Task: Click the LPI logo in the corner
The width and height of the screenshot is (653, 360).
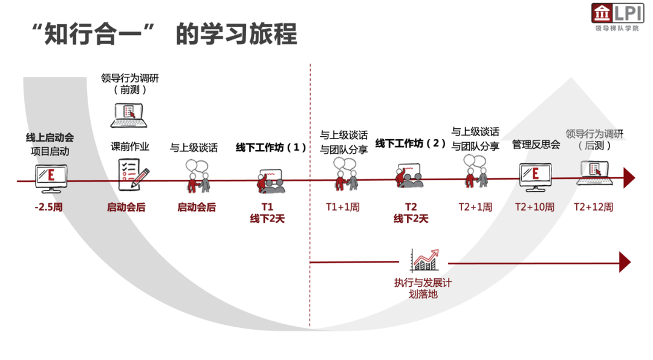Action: tap(617, 18)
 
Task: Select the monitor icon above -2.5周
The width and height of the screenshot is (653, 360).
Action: tap(51, 176)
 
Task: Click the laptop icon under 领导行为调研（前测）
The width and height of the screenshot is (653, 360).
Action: tap(129, 115)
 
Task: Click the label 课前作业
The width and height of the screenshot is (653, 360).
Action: tap(129, 147)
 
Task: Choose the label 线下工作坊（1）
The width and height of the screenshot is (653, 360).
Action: tap(271, 147)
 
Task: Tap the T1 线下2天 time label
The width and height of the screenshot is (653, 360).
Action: tap(267, 212)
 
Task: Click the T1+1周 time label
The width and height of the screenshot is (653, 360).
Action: tap(343, 207)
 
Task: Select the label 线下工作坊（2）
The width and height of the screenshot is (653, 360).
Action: tap(411, 143)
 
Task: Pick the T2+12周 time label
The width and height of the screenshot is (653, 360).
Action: tap(594, 207)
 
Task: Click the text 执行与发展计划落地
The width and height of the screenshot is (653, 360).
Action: tap(423, 288)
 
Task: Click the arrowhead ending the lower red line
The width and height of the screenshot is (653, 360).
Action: tap(625, 262)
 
